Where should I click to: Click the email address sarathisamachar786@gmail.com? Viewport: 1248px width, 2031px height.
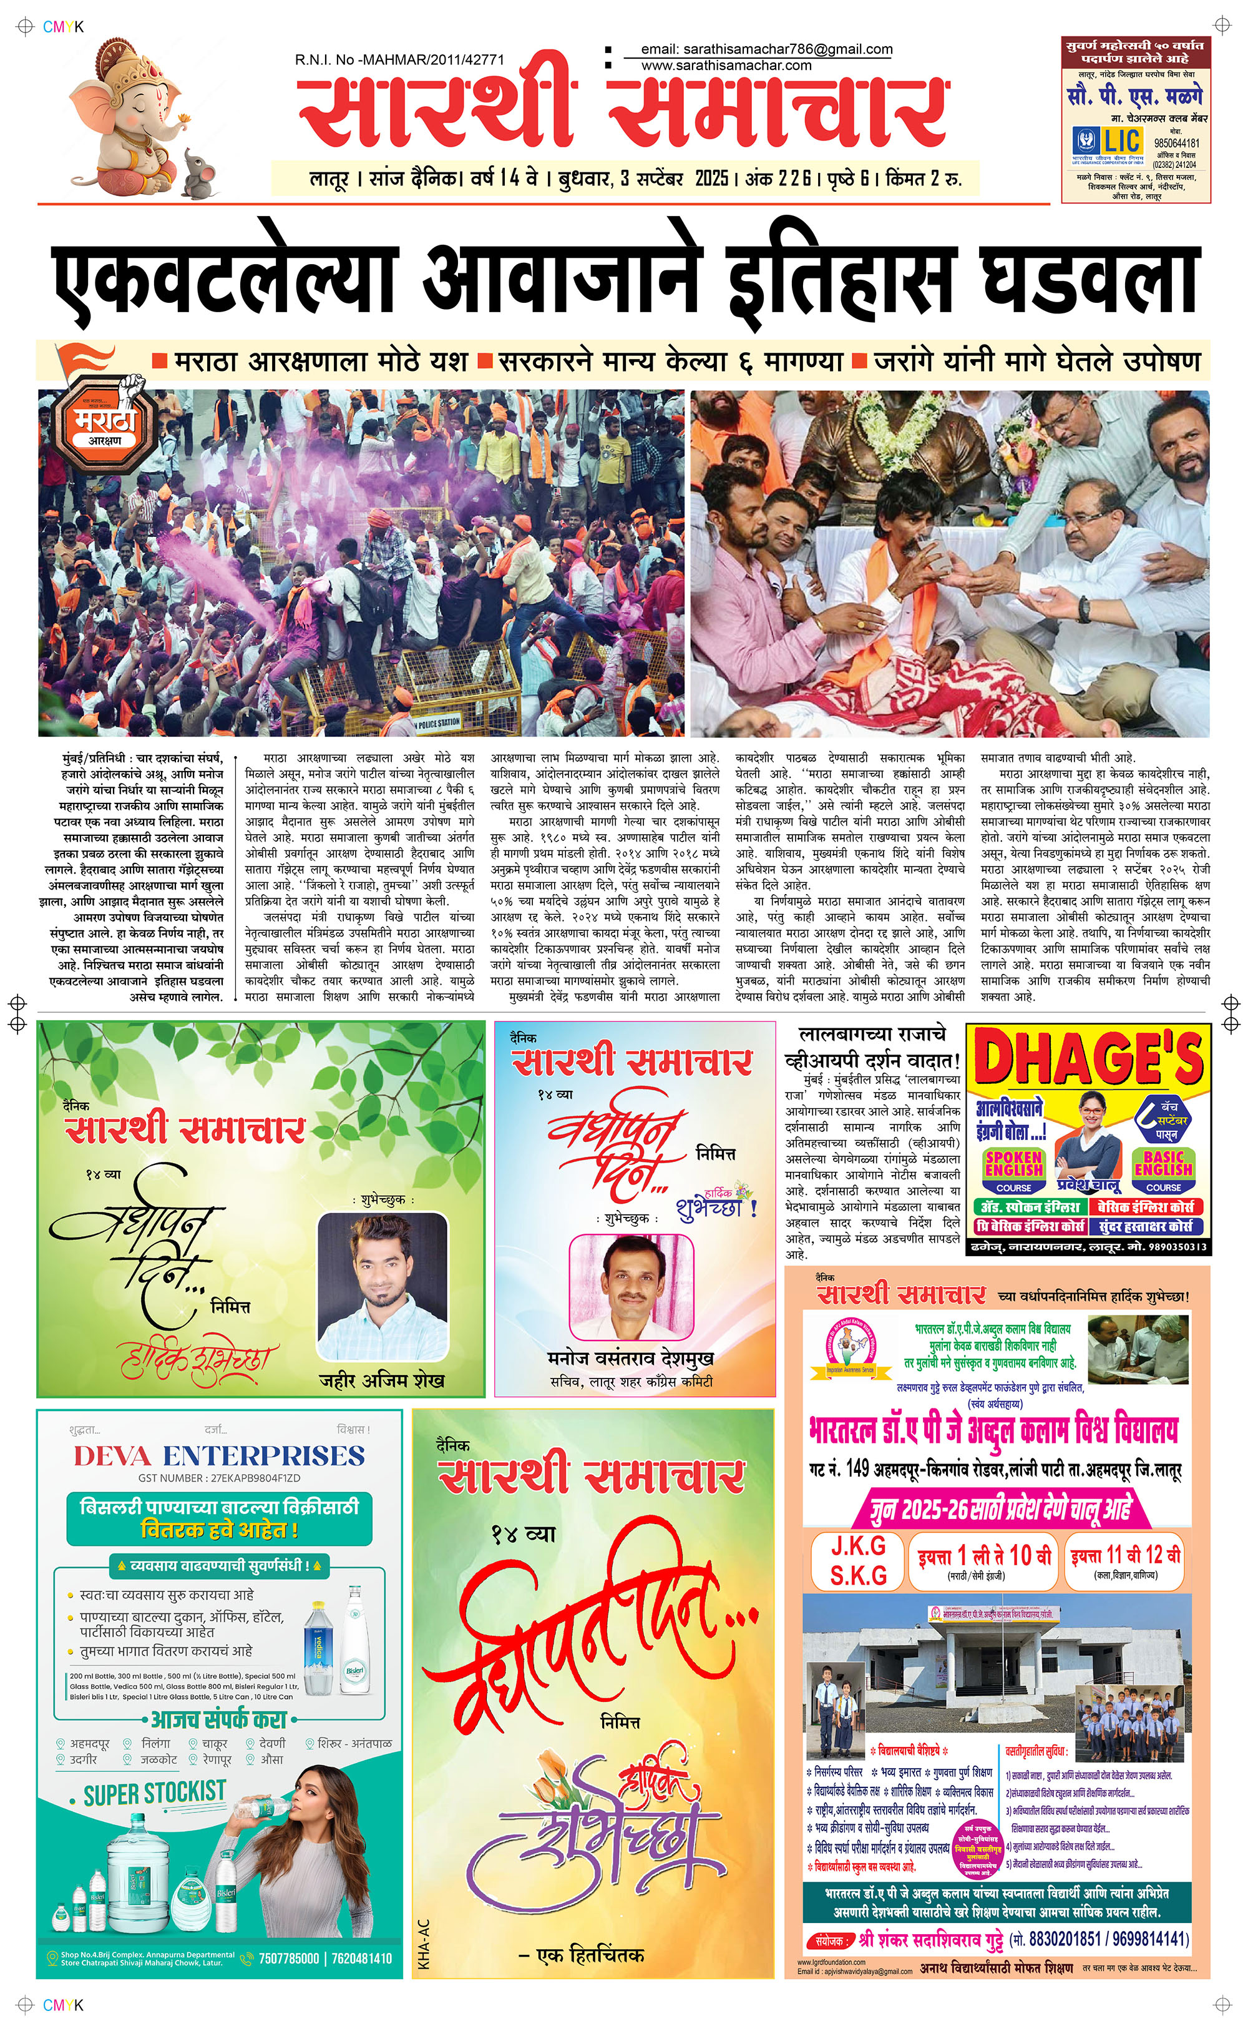pos(766,49)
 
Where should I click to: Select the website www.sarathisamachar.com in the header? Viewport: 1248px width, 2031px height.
pos(726,65)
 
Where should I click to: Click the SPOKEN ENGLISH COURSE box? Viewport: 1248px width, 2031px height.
pos(1013,1171)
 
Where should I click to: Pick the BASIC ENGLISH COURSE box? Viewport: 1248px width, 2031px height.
pos(1163,1171)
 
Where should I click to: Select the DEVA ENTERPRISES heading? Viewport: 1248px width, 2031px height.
pos(219,1455)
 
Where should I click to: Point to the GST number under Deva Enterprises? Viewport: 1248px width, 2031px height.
pos(219,1478)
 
